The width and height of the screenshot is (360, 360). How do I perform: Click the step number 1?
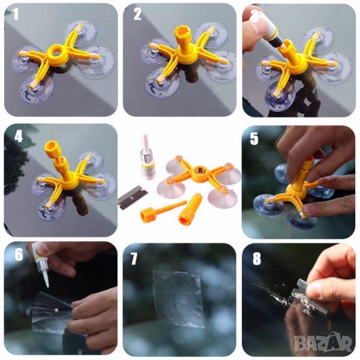point(16,14)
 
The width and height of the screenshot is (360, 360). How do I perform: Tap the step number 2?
point(137,14)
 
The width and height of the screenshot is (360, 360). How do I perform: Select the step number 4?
point(19,136)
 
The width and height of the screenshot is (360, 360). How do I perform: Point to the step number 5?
point(254,139)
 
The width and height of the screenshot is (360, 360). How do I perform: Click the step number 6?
point(19,254)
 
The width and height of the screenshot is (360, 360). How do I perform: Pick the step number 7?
point(134,259)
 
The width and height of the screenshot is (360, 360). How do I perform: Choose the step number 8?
point(257,259)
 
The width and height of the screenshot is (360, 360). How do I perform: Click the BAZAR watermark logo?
point(323,343)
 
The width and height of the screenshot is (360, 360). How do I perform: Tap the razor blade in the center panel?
point(133,199)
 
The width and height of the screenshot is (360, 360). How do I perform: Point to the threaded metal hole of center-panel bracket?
point(197,170)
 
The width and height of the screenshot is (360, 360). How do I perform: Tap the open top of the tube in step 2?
point(182,31)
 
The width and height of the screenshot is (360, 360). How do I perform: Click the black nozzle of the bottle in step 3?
point(278,43)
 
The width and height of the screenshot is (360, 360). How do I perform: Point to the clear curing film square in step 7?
point(178,298)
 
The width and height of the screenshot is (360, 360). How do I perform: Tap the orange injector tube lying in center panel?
point(190,208)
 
